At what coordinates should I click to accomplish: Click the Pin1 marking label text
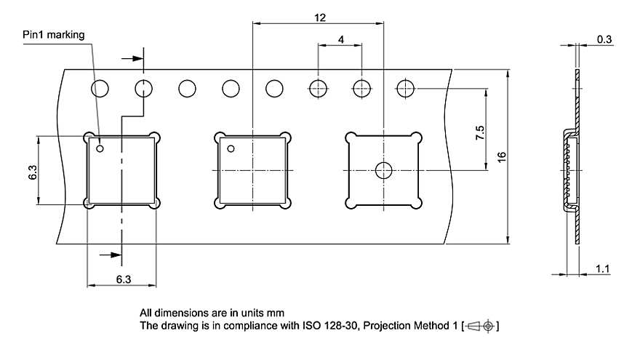[53, 35]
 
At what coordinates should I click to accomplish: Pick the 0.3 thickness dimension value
[604, 39]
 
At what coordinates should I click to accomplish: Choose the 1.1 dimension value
[602, 269]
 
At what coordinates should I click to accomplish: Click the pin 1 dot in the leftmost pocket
[100, 149]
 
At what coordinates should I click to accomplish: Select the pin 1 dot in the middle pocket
[231, 149]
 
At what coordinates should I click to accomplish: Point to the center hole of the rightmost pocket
[383, 171]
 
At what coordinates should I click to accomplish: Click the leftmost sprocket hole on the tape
[100, 89]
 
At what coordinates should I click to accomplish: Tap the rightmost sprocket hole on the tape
[405, 89]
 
